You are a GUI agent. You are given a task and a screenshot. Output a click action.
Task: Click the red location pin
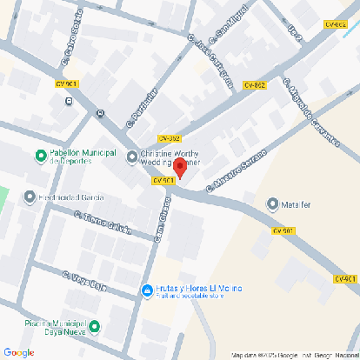(x=180, y=168)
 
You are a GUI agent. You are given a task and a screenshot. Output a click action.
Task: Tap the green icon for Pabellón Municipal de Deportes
(x=40, y=156)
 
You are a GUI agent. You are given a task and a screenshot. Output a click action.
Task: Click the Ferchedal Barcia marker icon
(x=30, y=197)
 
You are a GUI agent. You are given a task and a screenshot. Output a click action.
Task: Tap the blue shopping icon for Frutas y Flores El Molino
(x=146, y=290)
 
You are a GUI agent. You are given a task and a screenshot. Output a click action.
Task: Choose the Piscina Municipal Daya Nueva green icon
(x=95, y=328)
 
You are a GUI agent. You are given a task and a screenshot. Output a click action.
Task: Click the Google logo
(x=18, y=352)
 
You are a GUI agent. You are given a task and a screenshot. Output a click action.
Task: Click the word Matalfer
(x=296, y=204)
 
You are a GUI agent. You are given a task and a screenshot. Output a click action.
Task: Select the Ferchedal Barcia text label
(x=65, y=197)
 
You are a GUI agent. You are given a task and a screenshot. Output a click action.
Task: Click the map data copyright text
(x=294, y=355)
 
